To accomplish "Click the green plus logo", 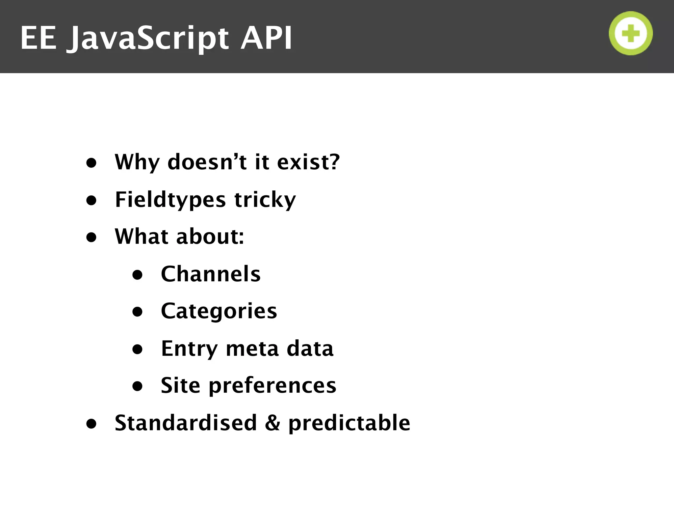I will (631, 33).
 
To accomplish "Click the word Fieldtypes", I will (170, 200).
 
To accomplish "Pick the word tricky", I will (265, 200).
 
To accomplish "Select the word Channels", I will (211, 274).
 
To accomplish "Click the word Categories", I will (219, 311).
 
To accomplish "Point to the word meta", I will (252, 349).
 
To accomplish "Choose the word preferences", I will (272, 385).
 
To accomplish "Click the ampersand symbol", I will (272, 423).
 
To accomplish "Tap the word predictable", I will (349, 423).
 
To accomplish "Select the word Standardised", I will (186, 423).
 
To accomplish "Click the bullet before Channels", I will (137, 275).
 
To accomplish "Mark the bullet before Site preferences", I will (137, 386).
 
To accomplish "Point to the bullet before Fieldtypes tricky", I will (91, 200).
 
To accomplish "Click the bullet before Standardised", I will (91, 424).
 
